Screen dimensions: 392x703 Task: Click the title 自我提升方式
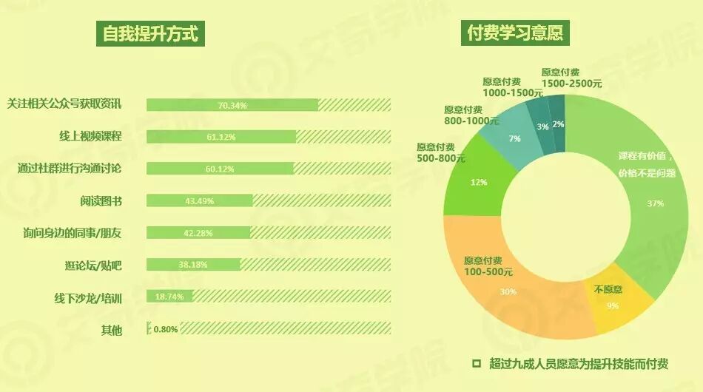150,34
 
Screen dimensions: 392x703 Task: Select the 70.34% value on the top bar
232,106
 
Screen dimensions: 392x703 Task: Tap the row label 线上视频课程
90,137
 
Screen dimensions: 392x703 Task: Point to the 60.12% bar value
220,169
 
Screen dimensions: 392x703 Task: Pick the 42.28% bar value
198,233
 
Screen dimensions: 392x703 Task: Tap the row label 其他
111,329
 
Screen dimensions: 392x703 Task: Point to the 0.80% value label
165,329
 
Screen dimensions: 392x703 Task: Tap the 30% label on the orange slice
508,291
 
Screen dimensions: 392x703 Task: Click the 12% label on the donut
479,182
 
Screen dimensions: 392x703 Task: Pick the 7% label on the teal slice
515,138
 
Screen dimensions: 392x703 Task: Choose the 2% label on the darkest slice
558,124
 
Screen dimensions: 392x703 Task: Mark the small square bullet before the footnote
477,363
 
